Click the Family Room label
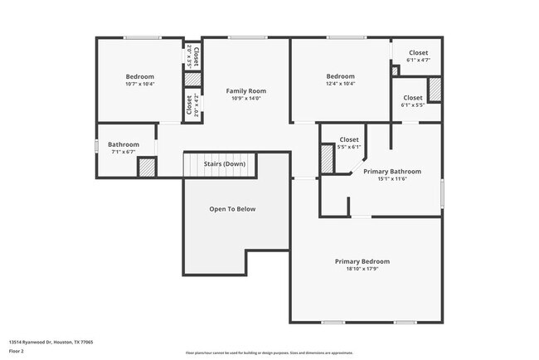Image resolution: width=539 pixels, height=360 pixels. [x=246, y=90]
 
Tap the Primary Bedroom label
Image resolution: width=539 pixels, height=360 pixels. [x=362, y=261]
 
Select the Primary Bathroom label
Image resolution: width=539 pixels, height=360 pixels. [x=392, y=172]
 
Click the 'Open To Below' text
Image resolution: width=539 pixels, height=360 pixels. [x=232, y=209]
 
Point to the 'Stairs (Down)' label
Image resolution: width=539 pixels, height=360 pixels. [x=225, y=164]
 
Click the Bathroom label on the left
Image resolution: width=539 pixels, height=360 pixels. [x=123, y=144]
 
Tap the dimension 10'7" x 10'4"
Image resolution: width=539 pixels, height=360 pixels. [x=139, y=84]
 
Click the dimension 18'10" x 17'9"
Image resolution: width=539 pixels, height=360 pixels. [x=362, y=268]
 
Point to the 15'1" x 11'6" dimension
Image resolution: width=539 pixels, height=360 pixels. [x=392, y=178]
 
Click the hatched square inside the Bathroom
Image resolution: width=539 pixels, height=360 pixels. [x=146, y=167]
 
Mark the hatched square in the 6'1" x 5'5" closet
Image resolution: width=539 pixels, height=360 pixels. [x=434, y=88]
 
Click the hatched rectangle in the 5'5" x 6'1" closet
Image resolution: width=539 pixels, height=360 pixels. [x=328, y=159]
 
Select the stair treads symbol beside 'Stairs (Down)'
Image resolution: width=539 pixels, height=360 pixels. [x=193, y=164]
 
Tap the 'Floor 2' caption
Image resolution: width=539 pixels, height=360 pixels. [x=17, y=351]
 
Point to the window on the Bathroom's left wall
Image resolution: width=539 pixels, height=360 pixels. [x=96, y=146]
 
